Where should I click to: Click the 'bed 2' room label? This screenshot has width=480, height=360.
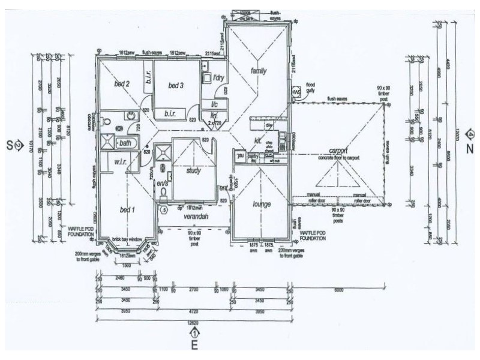coord(122,84)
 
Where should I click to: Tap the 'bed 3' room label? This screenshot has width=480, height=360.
coord(175,85)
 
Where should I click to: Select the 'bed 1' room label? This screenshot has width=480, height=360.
coord(127,209)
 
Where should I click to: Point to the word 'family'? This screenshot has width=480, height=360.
coord(258,71)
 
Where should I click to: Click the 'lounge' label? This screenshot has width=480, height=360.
coord(262,204)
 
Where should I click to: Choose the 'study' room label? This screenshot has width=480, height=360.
coord(193,170)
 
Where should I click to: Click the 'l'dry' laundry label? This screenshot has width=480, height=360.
coord(218,77)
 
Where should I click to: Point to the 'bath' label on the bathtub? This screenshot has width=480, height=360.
coord(125,143)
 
